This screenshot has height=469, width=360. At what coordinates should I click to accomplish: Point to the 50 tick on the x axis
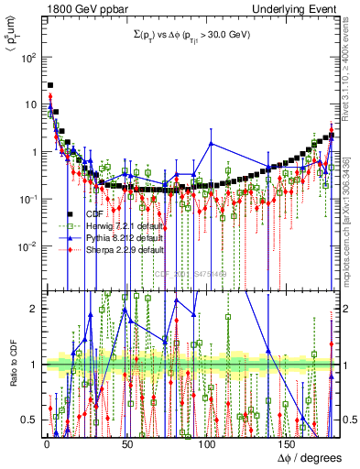125,441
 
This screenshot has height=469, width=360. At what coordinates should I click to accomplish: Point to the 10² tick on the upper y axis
29,57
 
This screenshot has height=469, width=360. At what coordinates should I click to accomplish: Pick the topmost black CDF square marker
49,86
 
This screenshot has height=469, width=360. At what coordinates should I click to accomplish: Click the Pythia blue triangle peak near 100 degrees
212,144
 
